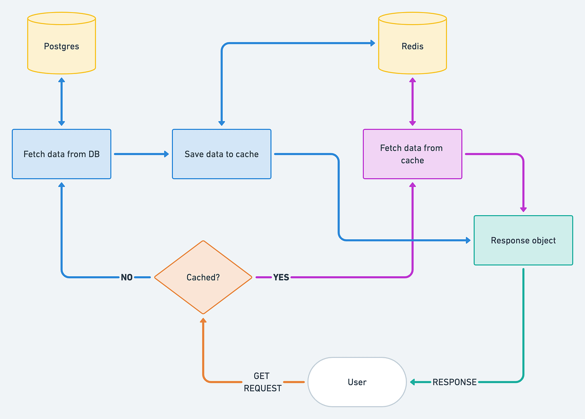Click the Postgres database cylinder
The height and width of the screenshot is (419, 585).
[x=61, y=46]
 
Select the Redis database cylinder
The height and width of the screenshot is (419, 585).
[x=412, y=46]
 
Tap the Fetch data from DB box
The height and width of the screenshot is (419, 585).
[x=61, y=154]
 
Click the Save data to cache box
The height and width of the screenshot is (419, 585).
[x=221, y=154]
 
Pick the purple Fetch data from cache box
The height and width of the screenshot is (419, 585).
[x=412, y=154]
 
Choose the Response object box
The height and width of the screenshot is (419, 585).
[x=523, y=240]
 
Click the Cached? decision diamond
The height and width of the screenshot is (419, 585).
[x=203, y=277]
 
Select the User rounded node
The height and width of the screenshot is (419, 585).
[x=357, y=382]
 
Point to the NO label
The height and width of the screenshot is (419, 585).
[x=127, y=277]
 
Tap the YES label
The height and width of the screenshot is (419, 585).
[x=281, y=277]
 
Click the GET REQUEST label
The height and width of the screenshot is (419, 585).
[x=262, y=382]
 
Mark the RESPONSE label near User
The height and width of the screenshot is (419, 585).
[x=454, y=382]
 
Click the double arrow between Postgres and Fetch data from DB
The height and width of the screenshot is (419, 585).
[x=61, y=102]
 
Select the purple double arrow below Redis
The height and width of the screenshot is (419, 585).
[x=412, y=102]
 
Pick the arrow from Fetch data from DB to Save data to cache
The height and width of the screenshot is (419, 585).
[x=141, y=154]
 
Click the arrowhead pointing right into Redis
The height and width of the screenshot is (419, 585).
[x=372, y=43]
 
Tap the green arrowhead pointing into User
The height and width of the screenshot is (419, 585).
[x=413, y=382]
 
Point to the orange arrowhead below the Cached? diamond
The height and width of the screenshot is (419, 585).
[x=203, y=320]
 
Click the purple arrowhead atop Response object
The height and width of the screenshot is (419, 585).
[x=523, y=209]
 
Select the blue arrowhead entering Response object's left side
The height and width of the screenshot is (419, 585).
[x=468, y=240]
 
